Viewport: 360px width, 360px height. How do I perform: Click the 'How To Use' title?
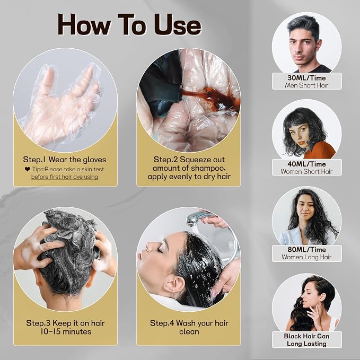click(x=129, y=25)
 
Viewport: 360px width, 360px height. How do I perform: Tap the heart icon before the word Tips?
click(x=28, y=169)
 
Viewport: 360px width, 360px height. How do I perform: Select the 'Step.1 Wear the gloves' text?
click(x=65, y=160)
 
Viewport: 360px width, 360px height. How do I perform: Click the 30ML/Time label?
click(x=306, y=78)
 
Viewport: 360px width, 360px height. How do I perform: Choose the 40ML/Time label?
click(x=306, y=164)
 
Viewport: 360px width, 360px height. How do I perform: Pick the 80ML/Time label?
click(x=306, y=250)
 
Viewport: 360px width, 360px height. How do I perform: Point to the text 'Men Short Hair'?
click(x=306, y=85)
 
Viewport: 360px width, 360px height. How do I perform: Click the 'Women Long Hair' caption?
click(x=306, y=257)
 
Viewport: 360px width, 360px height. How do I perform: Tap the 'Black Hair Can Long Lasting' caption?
click(x=306, y=340)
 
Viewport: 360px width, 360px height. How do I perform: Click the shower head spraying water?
click(x=196, y=219)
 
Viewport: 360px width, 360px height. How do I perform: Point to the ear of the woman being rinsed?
click(x=174, y=285)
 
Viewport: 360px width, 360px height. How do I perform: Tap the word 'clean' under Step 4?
click(x=189, y=331)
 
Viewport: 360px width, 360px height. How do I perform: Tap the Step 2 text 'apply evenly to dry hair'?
click(x=189, y=177)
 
